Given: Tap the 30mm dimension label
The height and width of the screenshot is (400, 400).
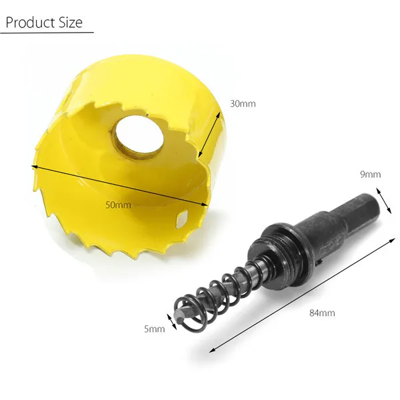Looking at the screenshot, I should click(243, 103).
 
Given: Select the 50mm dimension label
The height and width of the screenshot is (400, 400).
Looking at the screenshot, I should click(119, 205).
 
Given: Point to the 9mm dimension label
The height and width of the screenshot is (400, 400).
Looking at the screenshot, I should click(370, 175).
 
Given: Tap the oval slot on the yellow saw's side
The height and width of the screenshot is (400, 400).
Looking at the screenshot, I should click(183, 217).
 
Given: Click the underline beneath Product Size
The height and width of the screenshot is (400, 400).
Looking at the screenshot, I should click(47, 33).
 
